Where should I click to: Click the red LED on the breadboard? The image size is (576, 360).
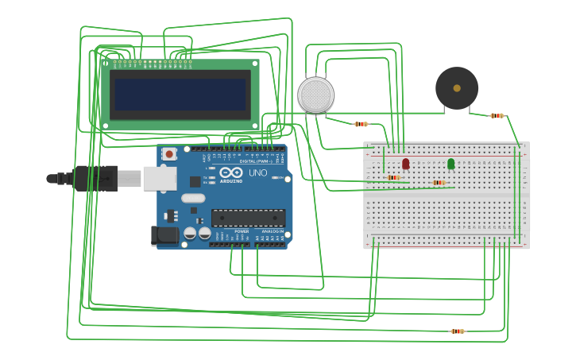406,163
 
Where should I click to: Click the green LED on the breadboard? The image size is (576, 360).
451,163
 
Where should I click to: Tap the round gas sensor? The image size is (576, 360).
315,95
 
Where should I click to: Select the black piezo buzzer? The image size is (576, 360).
457,88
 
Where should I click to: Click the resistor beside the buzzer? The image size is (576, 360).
497,116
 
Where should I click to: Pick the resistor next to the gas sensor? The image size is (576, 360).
361,124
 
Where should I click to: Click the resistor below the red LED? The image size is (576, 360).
394,177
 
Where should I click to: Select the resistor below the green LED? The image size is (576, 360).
439,183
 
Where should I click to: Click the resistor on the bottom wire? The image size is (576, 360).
458,331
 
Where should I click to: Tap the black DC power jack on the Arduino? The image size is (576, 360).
164,235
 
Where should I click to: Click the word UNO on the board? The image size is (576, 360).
258,172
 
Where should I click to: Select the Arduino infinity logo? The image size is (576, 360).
232,172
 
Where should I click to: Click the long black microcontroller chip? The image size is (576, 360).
248,217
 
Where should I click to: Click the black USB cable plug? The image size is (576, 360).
95,179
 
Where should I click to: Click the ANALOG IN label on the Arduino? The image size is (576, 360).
272,231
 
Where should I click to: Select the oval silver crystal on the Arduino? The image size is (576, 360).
193,198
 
